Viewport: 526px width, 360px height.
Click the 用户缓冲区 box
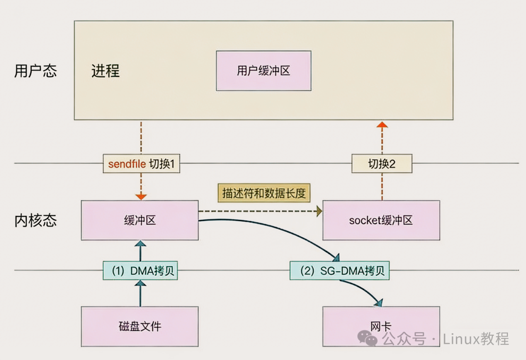(263, 71)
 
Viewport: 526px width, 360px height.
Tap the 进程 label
(105, 71)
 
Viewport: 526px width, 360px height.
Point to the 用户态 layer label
(36, 71)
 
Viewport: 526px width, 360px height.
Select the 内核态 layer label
(36, 220)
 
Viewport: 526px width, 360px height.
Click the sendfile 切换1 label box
(141, 164)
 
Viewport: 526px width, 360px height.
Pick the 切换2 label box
(382, 164)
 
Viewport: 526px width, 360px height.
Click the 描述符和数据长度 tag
(264, 193)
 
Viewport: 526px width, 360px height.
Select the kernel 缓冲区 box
(140, 220)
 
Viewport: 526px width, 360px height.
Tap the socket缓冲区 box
(381, 220)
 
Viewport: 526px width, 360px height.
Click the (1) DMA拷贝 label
(140, 271)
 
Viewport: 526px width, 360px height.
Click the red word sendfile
(127, 164)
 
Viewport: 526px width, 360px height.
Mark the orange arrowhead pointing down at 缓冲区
(141, 196)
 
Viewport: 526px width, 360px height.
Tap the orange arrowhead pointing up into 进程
(382, 125)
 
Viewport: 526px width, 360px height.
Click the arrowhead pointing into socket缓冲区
(319, 211)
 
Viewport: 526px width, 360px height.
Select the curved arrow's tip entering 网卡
(378, 303)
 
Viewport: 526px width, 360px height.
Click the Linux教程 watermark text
(476, 339)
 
